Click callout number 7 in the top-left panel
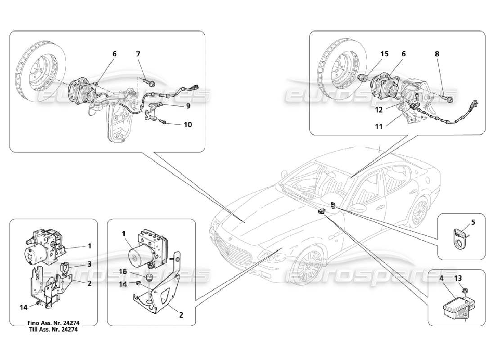pos(138,54)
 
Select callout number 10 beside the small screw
pos(188,125)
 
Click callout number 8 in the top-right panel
pos(437,54)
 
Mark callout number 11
pos(378,127)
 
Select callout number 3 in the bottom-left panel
pos(89,264)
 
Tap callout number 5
pos(472,222)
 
